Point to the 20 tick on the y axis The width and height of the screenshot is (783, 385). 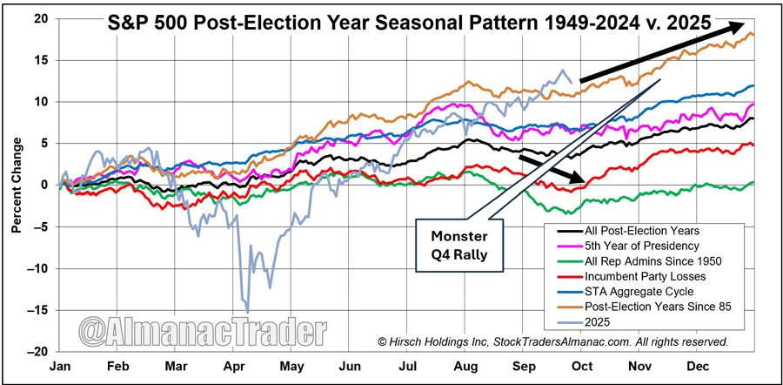[x=41, y=18]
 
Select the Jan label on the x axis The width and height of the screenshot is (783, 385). [x=61, y=367]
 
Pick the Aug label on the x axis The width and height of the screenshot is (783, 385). [x=465, y=367]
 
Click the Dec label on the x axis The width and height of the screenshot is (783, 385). [x=699, y=367]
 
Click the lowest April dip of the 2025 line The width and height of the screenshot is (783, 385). [x=248, y=311]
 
